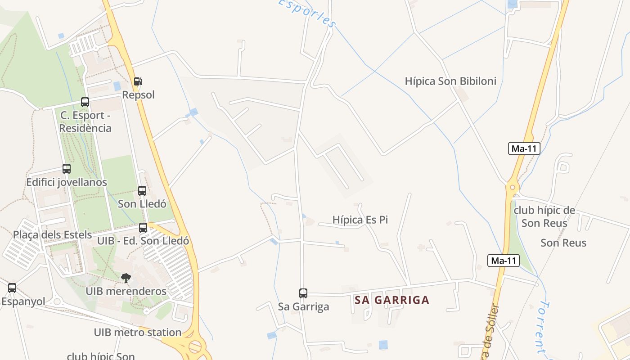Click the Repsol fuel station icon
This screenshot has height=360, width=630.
pos(138,81)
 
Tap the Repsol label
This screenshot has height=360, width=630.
pos(138,95)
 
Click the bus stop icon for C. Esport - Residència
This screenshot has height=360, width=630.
pos(85,102)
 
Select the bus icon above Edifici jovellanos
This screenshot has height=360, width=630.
pos(67,169)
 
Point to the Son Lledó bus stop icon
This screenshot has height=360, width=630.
pos(142,191)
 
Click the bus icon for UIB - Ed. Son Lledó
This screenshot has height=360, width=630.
pos(143,228)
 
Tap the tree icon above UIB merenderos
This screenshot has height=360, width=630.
pos(126,278)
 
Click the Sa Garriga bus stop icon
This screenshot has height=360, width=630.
pos(303,293)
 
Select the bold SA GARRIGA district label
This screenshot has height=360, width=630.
pos(392,300)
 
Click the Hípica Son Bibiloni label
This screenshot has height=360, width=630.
pos(450,81)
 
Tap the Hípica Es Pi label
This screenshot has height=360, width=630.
pos(360,220)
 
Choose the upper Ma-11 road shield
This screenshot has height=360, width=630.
pos(524,148)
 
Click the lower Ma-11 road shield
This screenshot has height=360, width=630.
pos(504,261)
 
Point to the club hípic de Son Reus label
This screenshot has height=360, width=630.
pos(544,216)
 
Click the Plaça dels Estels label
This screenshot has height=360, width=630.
pos(52,235)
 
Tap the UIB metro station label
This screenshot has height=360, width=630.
pos(138,333)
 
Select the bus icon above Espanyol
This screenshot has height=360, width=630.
pos(12,288)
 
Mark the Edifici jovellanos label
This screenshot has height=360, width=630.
pos(67,182)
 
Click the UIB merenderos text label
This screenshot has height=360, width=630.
pos(126,291)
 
